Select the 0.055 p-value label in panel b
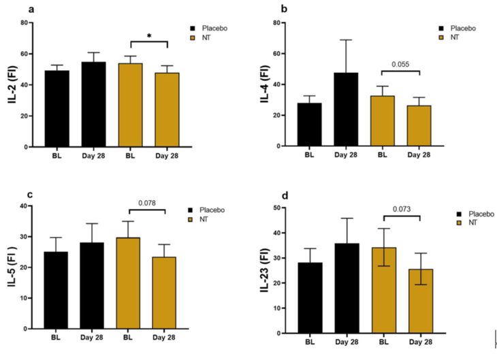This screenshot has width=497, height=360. [406, 65]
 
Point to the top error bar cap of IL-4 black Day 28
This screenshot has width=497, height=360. [347, 39]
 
